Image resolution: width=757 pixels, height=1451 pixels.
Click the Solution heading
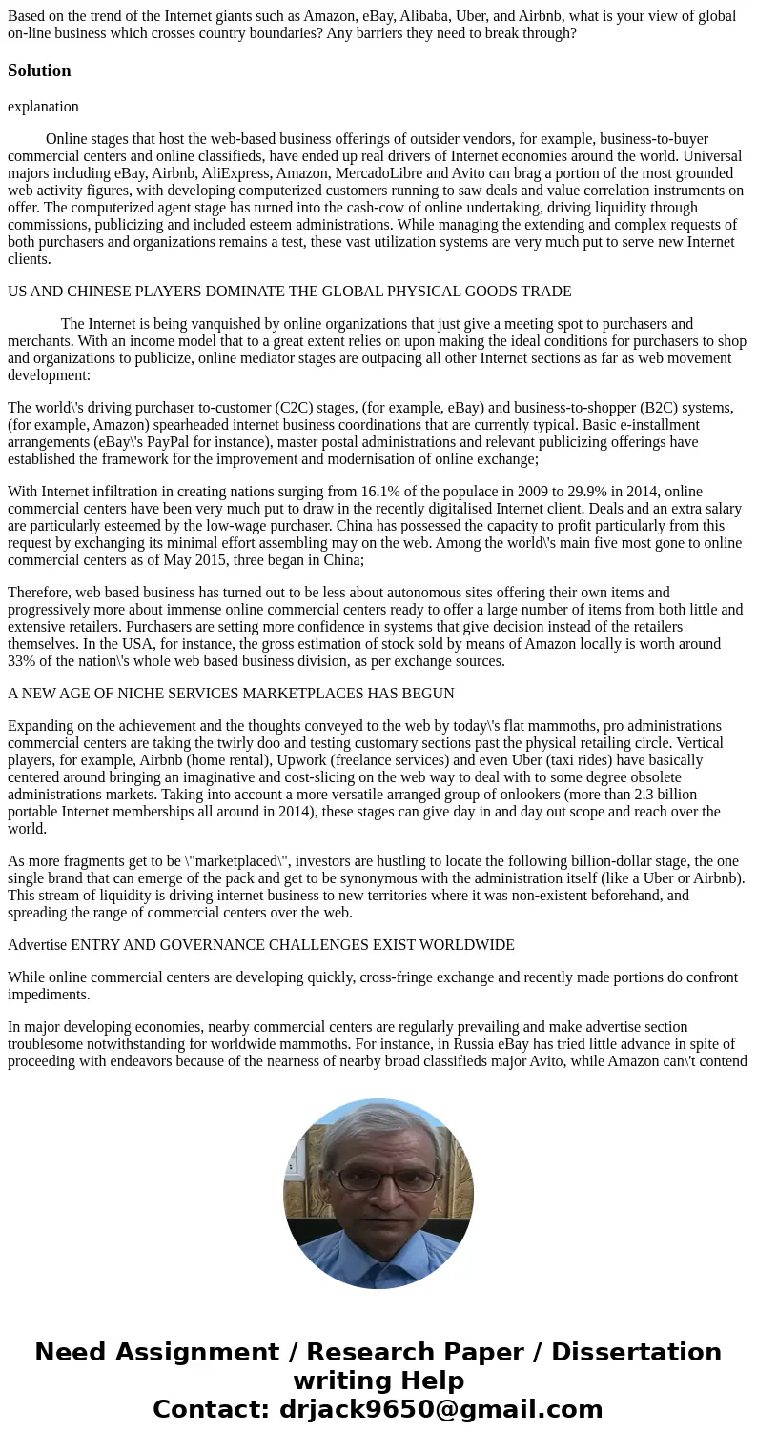coord(39,71)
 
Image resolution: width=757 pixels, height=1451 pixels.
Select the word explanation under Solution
coord(43,107)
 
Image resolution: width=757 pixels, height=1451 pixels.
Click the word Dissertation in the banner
coord(636,1353)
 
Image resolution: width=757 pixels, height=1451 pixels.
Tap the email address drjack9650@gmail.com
coord(440,1410)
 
